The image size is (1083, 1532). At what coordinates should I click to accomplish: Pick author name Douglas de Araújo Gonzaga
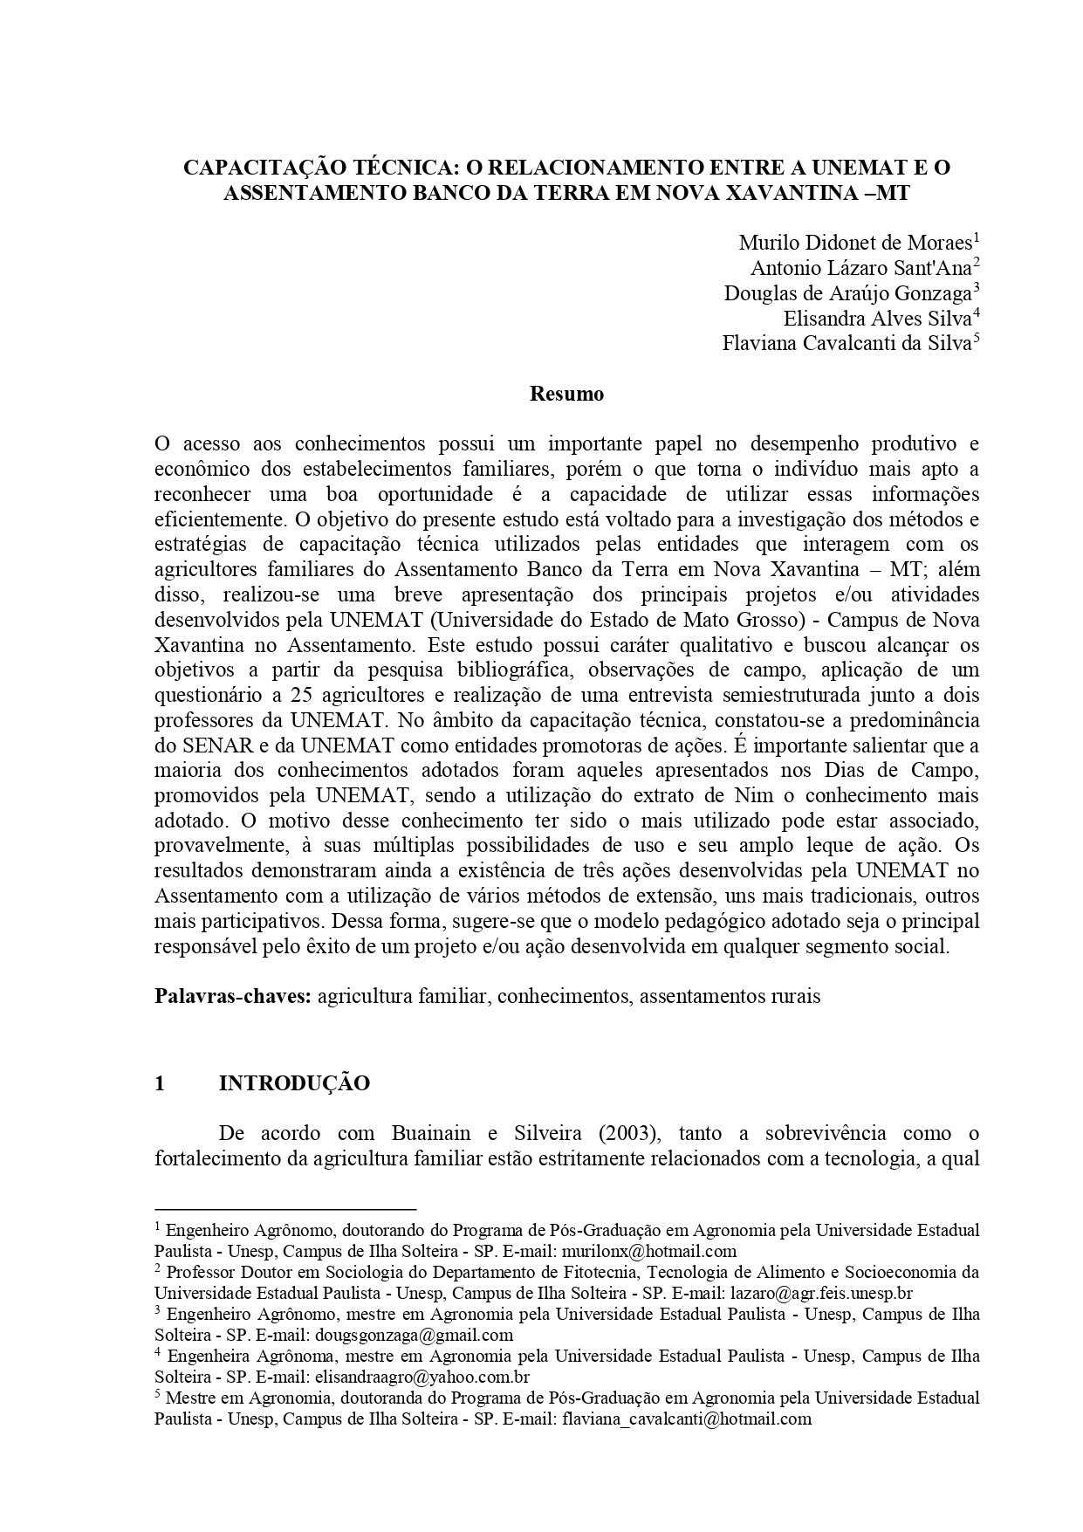pos(847,292)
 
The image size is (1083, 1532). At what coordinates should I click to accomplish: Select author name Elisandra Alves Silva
pos(877,318)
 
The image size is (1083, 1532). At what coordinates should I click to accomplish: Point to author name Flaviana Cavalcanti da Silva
pos(846,343)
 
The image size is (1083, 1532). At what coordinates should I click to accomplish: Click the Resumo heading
pos(566,394)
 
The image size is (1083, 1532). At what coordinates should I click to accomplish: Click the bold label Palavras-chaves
pos(233,996)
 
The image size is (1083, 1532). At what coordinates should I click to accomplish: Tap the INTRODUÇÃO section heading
pos(294,1083)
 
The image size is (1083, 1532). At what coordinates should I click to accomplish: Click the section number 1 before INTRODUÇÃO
pos(160,1083)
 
